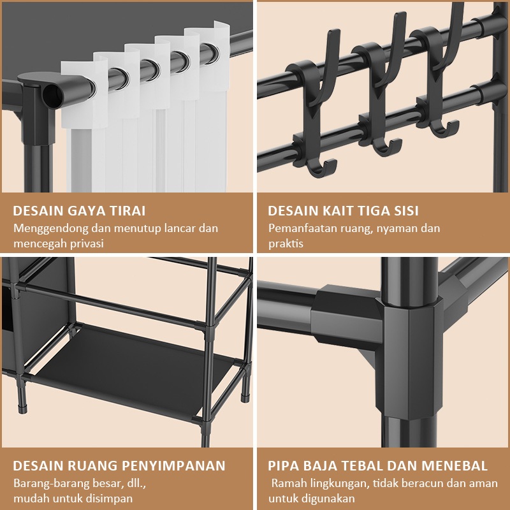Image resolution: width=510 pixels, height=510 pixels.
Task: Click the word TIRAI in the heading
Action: point(127,211)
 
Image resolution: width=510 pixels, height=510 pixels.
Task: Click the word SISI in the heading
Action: point(406,211)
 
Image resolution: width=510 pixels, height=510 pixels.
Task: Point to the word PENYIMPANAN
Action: point(173,465)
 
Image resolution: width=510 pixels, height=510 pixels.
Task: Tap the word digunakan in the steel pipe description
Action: point(328,499)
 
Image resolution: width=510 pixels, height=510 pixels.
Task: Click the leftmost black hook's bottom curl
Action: point(321,168)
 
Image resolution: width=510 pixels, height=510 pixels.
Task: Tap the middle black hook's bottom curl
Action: point(386,147)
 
